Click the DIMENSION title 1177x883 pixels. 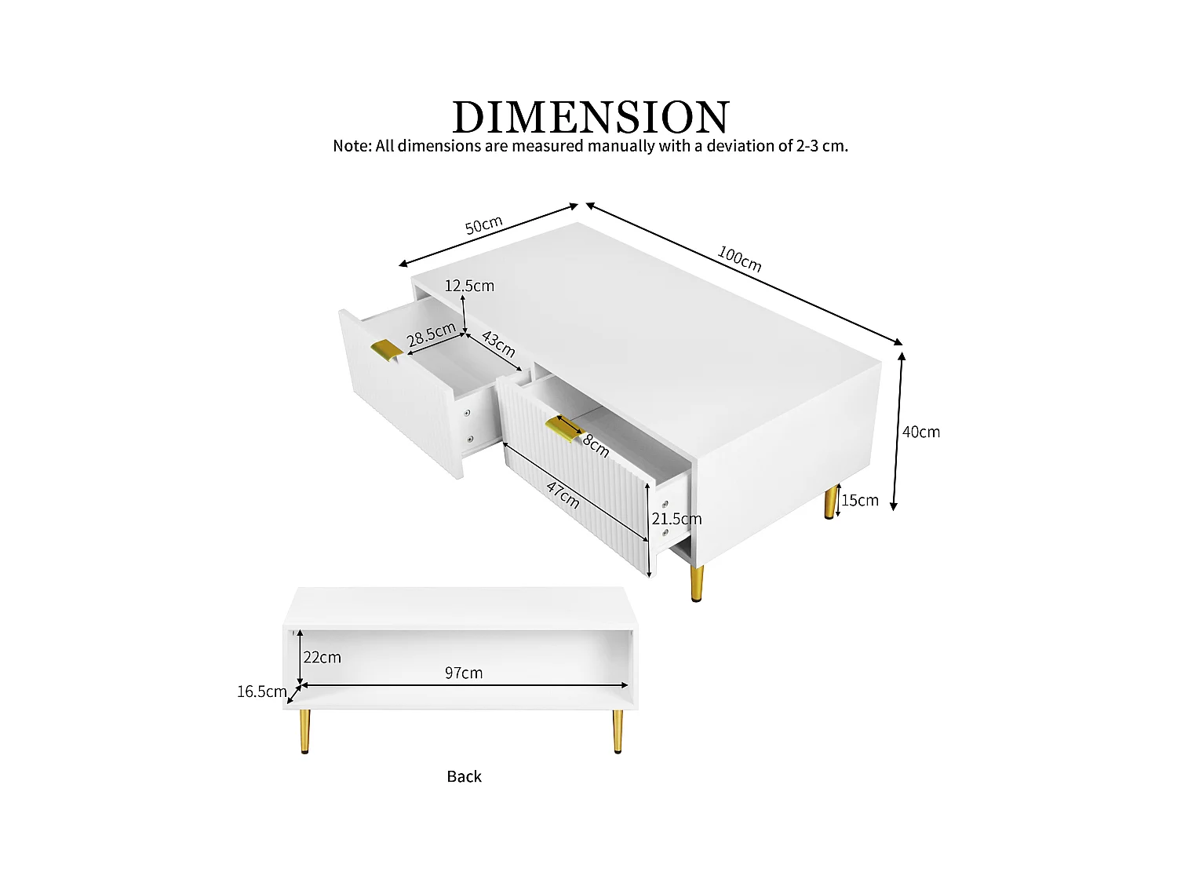click(x=591, y=117)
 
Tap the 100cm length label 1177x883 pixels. click(x=739, y=258)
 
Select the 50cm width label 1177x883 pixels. click(x=483, y=224)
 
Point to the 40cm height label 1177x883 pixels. click(x=920, y=432)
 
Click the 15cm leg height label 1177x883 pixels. click(x=860, y=500)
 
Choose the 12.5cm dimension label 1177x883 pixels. click(x=469, y=286)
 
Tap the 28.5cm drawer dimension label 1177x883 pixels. click(x=431, y=334)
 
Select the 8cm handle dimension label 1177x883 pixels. click(x=596, y=446)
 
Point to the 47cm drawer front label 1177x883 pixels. click(x=563, y=494)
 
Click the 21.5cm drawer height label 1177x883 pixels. click(x=676, y=519)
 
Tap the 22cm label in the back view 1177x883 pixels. click(x=322, y=657)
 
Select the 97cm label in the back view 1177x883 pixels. click(x=464, y=673)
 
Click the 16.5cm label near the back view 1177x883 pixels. click(x=261, y=691)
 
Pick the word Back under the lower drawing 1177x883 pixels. click(x=464, y=776)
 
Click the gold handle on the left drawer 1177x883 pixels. click(x=385, y=350)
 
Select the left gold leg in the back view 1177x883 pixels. click(x=304, y=731)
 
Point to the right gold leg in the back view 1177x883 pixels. click(x=618, y=731)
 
